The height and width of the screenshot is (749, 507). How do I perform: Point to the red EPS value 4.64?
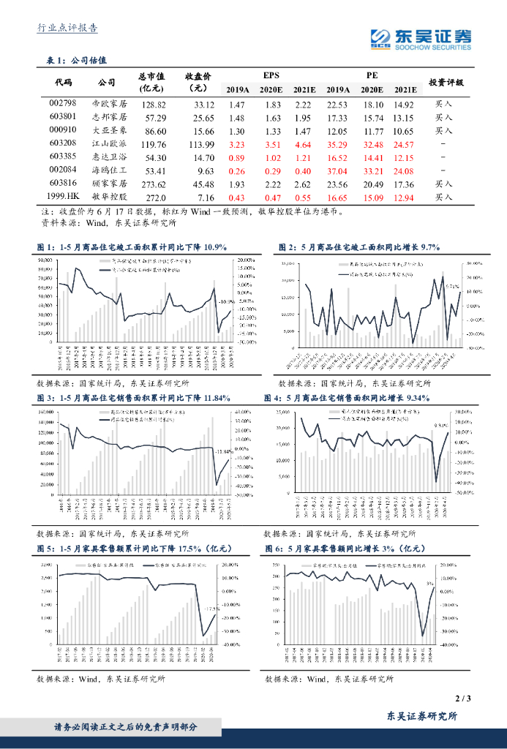(x=303, y=144)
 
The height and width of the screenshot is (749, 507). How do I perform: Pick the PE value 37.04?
(x=337, y=170)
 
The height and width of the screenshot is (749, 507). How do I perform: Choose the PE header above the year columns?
(x=372, y=75)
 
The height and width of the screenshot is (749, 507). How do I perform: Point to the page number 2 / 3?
(x=462, y=699)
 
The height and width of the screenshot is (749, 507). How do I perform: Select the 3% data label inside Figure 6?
(x=430, y=584)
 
